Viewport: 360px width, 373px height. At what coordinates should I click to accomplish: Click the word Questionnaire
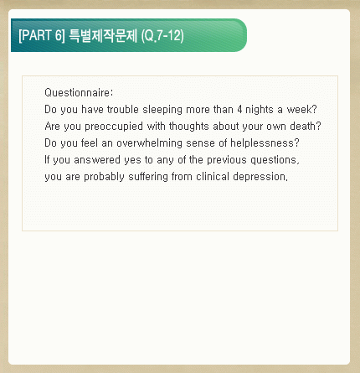77,92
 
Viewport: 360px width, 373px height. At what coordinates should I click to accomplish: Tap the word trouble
123,109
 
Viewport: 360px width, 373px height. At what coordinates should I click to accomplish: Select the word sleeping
162,110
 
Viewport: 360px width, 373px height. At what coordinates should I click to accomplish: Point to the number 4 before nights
239,109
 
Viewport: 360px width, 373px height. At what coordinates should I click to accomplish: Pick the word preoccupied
114,127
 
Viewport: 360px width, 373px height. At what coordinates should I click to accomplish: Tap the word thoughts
189,127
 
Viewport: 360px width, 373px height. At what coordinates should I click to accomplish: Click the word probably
104,177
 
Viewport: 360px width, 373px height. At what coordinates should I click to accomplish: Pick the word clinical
213,176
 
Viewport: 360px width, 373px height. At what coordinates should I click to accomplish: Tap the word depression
259,177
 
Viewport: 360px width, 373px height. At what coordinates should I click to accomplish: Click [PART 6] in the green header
42,35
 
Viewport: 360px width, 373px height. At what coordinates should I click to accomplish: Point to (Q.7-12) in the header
162,35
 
